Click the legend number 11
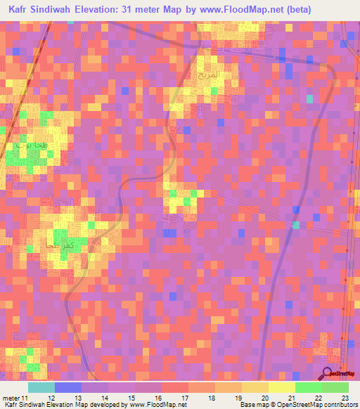25,398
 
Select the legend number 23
345,398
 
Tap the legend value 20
265,398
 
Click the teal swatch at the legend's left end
41,387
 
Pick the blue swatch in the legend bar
68,387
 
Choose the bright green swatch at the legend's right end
335,387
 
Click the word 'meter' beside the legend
11,398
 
